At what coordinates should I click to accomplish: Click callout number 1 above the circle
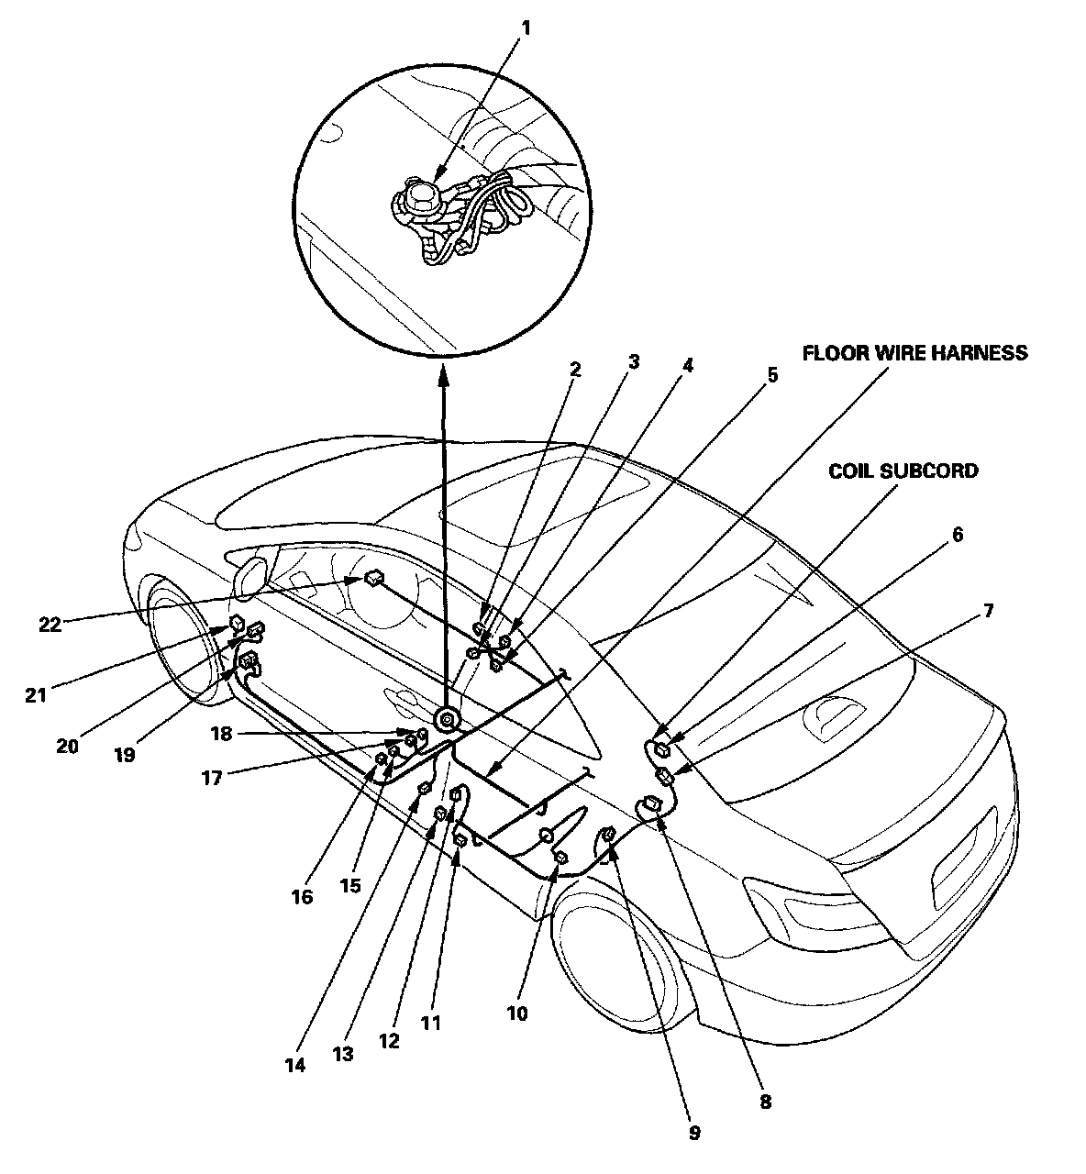(x=526, y=28)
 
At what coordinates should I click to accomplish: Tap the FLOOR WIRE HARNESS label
(x=914, y=353)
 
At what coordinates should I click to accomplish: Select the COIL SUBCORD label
(x=903, y=471)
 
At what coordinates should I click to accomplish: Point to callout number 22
(x=50, y=625)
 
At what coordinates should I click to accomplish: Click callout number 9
(x=693, y=1133)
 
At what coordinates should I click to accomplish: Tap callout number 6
(x=957, y=535)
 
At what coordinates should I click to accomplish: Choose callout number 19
(x=125, y=753)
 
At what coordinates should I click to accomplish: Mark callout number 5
(x=771, y=374)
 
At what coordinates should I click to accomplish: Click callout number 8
(x=765, y=1102)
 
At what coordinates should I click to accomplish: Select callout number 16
(x=302, y=896)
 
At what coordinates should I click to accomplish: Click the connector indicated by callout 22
(x=373, y=578)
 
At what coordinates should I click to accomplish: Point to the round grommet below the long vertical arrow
(x=447, y=719)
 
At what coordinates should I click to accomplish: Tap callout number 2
(x=575, y=370)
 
